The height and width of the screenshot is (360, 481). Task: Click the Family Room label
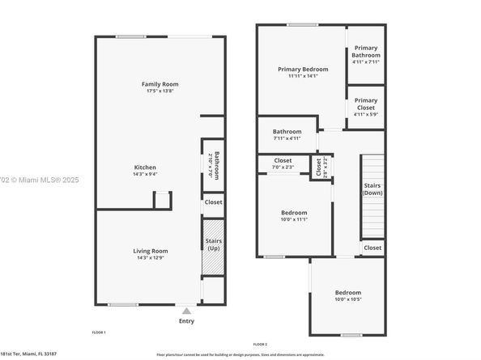click(x=160, y=83)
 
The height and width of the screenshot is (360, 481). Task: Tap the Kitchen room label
click(x=146, y=168)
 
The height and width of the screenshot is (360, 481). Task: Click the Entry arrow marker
click(x=186, y=310)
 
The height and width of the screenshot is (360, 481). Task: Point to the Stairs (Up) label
click(x=214, y=244)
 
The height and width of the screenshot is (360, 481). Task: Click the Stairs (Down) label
click(x=372, y=189)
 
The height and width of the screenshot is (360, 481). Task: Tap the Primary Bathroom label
click(x=365, y=53)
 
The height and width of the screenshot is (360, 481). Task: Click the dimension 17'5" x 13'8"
click(x=160, y=91)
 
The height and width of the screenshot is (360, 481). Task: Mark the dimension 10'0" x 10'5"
click(x=348, y=299)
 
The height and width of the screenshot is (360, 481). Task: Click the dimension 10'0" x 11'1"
click(x=283, y=219)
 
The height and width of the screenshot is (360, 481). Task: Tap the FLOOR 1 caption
click(x=99, y=332)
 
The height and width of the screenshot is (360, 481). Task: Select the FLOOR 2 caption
click(x=260, y=343)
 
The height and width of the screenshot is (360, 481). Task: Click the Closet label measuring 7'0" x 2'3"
click(x=283, y=160)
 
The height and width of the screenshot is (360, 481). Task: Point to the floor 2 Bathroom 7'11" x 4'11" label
click(x=287, y=132)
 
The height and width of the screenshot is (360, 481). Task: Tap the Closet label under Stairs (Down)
click(x=372, y=248)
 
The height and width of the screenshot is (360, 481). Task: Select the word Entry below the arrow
click(x=186, y=321)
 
